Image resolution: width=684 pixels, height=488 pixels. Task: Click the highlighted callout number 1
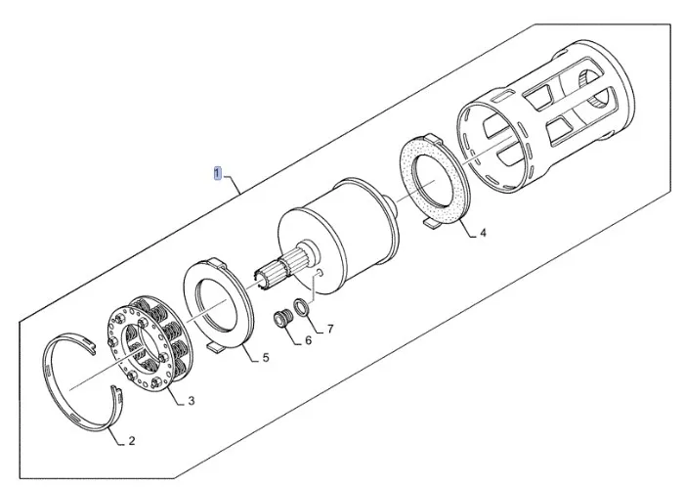point(218,173)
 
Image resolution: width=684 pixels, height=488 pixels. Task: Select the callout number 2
point(132,441)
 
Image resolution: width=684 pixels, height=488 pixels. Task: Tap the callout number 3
point(192,400)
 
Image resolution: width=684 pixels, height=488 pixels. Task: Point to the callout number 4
point(483,233)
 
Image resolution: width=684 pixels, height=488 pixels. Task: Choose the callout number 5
point(266,358)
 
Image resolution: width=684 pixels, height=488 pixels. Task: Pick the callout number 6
point(308,340)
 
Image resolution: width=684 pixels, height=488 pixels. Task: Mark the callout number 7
point(330,329)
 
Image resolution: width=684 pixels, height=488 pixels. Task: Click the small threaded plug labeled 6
point(281,318)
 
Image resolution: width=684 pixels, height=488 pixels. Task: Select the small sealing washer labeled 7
point(301,307)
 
